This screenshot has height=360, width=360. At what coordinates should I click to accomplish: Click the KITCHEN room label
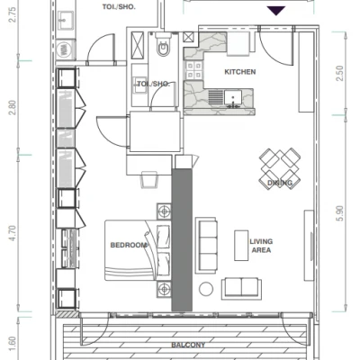[x=240, y=72]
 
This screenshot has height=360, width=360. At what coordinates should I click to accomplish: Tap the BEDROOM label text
[x=129, y=245]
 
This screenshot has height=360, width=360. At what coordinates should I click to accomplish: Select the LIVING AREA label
[x=261, y=246]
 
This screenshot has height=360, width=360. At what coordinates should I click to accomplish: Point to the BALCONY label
[x=188, y=345]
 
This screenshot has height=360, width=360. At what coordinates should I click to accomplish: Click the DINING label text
[x=280, y=183]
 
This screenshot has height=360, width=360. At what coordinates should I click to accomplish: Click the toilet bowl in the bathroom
[x=164, y=47]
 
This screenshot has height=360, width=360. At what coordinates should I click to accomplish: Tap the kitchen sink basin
[x=233, y=98]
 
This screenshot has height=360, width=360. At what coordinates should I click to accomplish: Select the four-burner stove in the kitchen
[x=193, y=70]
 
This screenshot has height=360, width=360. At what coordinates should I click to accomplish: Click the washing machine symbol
[x=65, y=49]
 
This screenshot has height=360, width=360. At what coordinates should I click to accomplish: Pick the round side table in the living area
[x=206, y=289]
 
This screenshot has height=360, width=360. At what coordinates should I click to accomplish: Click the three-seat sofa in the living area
[x=206, y=246]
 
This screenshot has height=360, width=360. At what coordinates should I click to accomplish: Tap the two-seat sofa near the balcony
[x=241, y=288]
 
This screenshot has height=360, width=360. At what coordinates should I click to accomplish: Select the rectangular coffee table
[x=241, y=246]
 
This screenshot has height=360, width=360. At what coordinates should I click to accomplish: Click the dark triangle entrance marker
[x=275, y=11]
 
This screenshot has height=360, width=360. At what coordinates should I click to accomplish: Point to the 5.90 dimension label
[x=340, y=213]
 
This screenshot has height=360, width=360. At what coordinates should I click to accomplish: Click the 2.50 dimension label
[x=340, y=74]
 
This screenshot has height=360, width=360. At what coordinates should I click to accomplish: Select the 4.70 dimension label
[x=12, y=233]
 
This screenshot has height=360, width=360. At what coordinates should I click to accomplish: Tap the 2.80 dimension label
[x=12, y=107]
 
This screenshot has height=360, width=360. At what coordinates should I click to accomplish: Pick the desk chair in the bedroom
[x=149, y=179]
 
